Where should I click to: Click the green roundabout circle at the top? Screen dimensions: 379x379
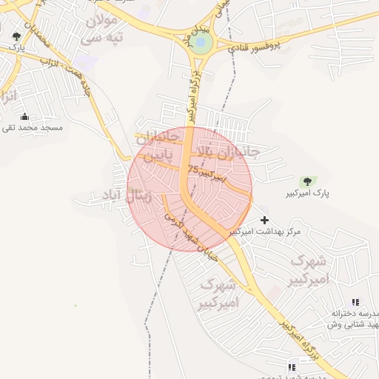(201, 43)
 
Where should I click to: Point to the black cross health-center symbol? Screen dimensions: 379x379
(265, 220)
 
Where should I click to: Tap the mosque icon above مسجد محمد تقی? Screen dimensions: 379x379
(24, 116)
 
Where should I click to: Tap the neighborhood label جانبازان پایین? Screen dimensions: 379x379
(158, 147)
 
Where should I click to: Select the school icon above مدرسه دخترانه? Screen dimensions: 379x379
(355, 302)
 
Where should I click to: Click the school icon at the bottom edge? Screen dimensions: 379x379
(292, 367)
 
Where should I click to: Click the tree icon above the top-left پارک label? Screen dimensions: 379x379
(16, 36)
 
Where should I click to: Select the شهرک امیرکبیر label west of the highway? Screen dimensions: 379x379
(219, 293)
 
